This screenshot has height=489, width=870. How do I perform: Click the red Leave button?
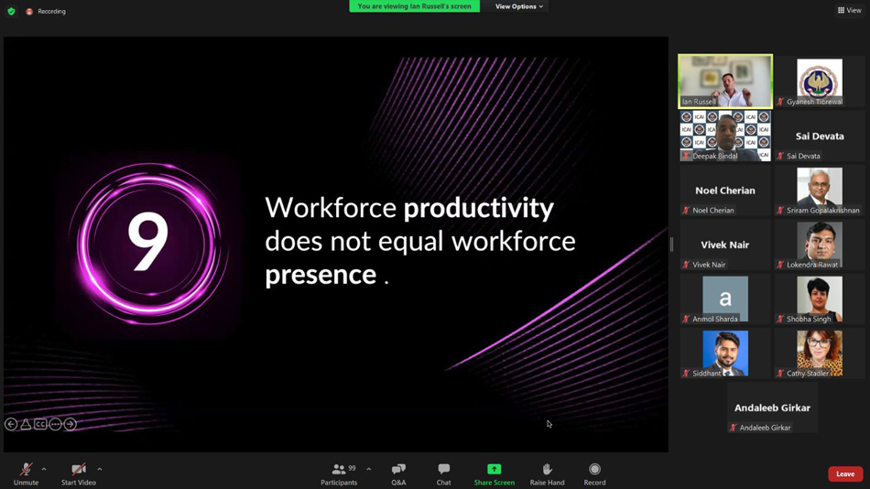click(x=845, y=474)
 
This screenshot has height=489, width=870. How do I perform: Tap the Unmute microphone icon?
click(x=26, y=469)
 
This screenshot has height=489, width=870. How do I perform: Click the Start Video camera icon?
click(x=78, y=469)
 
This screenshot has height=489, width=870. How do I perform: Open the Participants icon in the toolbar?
click(x=339, y=469)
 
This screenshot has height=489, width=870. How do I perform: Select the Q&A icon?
click(x=398, y=469)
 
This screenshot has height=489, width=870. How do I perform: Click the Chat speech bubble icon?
click(x=444, y=469)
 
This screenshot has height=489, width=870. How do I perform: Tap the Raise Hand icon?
click(x=547, y=469)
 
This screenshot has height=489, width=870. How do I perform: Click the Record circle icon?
click(x=594, y=469)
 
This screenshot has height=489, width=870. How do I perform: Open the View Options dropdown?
click(x=518, y=6)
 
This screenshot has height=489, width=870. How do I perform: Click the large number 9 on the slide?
click(x=148, y=243)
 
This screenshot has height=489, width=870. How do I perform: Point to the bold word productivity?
click(x=478, y=209)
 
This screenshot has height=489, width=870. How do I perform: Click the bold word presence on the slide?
click(x=321, y=276)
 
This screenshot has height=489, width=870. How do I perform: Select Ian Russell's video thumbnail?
click(x=725, y=81)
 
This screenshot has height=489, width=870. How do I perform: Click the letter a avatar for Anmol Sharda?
click(x=725, y=299)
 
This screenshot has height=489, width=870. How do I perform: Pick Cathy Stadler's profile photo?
click(x=820, y=353)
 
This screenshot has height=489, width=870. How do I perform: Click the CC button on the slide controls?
click(x=40, y=424)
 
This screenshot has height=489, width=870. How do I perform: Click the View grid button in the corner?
click(x=850, y=10)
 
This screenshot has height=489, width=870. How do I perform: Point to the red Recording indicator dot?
click(x=29, y=11)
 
